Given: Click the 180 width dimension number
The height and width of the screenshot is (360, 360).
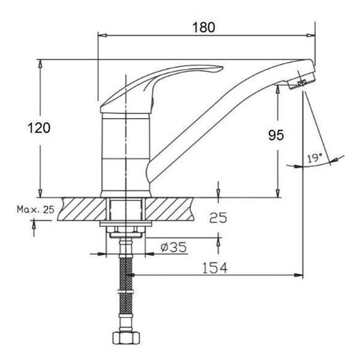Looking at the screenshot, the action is pos(203,28).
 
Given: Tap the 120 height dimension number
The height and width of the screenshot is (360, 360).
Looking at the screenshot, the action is pos(39,128).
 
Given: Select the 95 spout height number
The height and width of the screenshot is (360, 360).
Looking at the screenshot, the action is pos(276,135).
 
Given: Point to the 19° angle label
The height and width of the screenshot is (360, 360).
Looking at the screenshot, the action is pos(315,158).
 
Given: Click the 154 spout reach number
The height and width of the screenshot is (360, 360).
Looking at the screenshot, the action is pos(215,268).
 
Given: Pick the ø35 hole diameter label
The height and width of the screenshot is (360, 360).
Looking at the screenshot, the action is pos(173,247).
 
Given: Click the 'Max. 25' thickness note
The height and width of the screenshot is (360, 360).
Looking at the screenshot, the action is pos(35,209).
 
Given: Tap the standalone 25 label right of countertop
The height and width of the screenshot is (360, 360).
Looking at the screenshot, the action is pos(218,218).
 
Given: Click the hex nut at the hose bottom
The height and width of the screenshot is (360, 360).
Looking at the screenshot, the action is pos(126,338).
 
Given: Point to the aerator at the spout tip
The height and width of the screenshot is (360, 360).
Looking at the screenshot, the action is pos(301,81).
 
